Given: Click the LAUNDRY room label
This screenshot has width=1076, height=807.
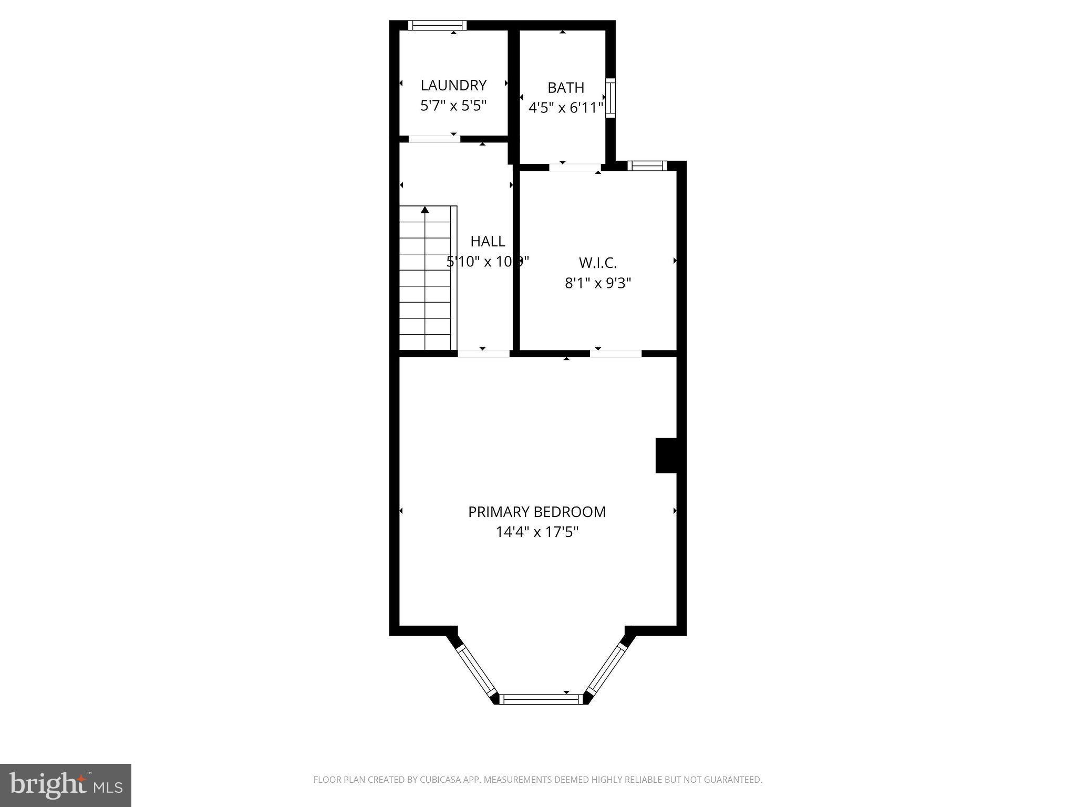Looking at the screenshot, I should tap(453, 85).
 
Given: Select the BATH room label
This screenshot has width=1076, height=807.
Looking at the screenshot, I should tap(565, 87).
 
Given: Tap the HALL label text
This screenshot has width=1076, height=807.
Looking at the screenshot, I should tap(488, 241).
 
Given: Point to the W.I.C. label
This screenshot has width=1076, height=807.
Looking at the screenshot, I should tap(597, 263).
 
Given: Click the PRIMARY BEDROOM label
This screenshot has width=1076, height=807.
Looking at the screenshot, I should tap(537, 512).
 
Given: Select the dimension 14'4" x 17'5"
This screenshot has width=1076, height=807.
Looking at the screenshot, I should tap(537, 532).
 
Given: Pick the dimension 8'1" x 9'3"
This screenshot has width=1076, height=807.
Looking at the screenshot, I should tap(597, 284).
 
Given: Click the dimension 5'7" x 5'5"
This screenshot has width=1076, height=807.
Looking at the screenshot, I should tap(453, 106).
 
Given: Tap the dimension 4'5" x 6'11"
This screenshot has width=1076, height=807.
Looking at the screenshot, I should tap(565, 108).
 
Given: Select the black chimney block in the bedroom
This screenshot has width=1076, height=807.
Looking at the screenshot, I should tap(666, 456).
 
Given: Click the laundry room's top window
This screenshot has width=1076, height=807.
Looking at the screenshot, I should tap(438, 25).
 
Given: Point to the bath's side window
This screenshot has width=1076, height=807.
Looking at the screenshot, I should tap(611, 98).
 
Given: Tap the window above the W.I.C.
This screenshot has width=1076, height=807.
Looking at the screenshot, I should tap(647, 166).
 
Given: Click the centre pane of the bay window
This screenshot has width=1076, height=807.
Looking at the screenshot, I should tap(541, 699).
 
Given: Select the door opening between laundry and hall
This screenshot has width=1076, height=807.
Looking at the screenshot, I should tap(434, 139).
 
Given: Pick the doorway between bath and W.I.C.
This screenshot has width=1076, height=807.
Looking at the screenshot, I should tap(575, 168).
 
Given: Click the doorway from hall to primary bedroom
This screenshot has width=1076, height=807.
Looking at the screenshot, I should tap(484, 354).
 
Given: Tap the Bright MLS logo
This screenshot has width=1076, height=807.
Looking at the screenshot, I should tap(66, 785).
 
